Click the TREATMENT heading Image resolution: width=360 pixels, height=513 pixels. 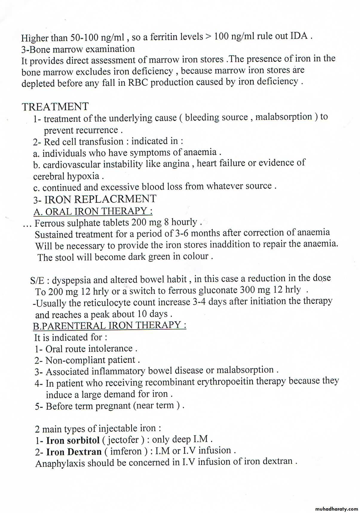click(55, 107)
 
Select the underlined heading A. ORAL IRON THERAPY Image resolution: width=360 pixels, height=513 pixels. click(93, 211)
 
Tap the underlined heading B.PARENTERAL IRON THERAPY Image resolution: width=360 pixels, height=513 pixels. click(110, 325)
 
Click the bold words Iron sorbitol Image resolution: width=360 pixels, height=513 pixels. click(73, 440)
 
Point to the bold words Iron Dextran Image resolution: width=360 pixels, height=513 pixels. click(74, 451)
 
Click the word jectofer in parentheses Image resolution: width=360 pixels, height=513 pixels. click(123, 440)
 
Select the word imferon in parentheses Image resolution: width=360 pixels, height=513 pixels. click(126, 451)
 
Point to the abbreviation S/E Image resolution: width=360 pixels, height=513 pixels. click(37, 280)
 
